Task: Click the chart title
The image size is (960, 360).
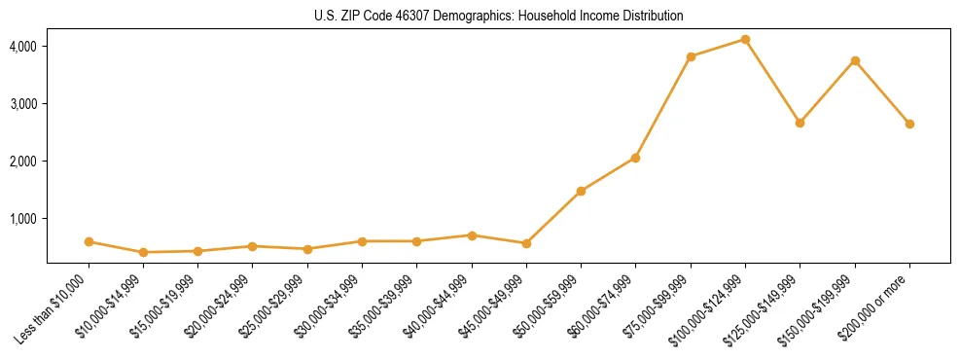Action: (x=498, y=17)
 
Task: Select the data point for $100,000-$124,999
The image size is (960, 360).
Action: (x=745, y=39)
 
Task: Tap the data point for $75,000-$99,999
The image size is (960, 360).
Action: (x=691, y=56)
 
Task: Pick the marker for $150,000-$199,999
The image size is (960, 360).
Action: (x=855, y=60)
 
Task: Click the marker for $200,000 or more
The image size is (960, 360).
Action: (x=909, y=124)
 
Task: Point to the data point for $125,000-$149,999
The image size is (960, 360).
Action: (x=800, y=123)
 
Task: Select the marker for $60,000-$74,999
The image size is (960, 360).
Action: (x=635, y=158)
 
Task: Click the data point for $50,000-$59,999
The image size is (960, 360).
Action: (x=581, y=191)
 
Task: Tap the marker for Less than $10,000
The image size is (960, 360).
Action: (x=89, y=241)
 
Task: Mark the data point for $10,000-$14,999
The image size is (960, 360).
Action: (x=143, y=252)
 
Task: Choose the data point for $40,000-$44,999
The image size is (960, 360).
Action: (x=472, y=235)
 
